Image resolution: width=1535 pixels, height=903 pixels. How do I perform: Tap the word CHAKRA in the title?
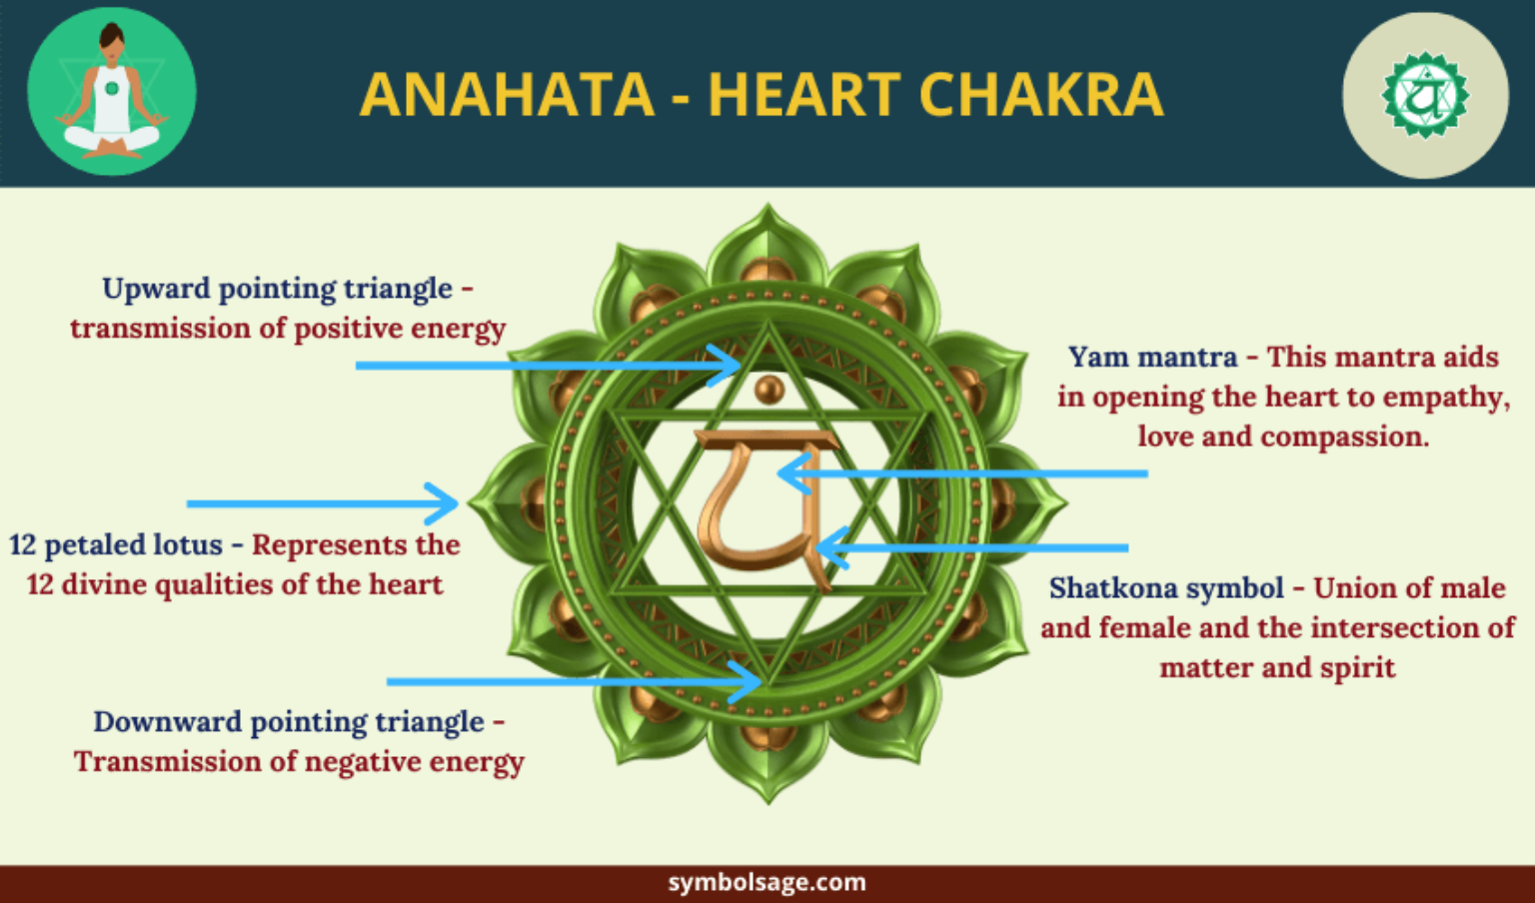click(1040, 95)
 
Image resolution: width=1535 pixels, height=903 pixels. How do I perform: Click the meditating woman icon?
click(111, 92)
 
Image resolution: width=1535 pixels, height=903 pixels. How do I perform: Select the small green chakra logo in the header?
click(1424, 96)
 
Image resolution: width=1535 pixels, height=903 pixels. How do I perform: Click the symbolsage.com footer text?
click(767, 883)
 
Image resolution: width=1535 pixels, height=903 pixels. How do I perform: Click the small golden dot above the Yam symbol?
click(768, 389)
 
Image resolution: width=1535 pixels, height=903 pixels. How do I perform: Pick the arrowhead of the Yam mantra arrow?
click(788, 473)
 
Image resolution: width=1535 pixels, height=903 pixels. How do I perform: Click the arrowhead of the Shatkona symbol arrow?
click(826, 547)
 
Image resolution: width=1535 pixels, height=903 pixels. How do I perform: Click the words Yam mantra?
click(1152, 358)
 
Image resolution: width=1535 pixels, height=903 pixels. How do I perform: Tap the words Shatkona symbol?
click(1166, 588)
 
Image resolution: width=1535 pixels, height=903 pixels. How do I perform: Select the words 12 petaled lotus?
click(116, 545)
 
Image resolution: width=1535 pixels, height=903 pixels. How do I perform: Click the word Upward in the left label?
click(156, 289)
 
